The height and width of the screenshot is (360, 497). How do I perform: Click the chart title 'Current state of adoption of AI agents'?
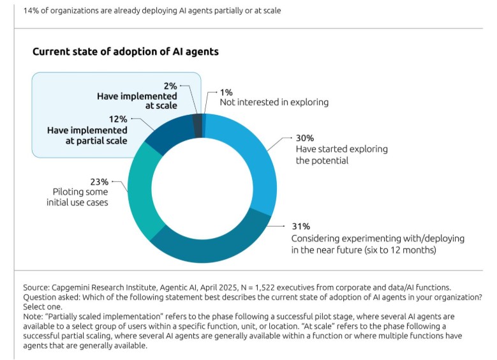point(126,52)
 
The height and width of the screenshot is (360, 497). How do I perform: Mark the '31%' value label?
point(300,227)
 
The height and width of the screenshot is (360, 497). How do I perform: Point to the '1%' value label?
point(226,91)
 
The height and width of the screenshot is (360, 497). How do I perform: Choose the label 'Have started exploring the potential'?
point(341,154)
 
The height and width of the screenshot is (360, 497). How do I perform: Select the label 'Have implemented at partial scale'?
point(87,135)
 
